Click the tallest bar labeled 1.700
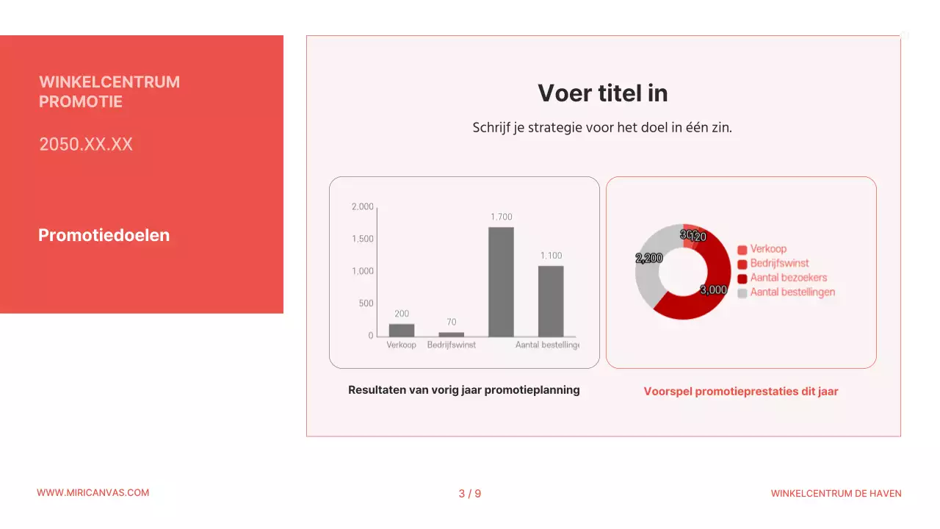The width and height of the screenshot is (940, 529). click(x=501, y=281)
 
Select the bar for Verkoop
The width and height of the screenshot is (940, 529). click(x=402, y=330)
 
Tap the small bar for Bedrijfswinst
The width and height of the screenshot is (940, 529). click(x=451, y=334)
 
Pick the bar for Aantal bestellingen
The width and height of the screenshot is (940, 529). click(x=551, y=301)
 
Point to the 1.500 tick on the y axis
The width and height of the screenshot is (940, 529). click(x=363, y=239)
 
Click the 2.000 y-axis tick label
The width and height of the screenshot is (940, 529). click(x=363, y=206)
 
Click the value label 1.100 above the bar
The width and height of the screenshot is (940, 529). click(x=552, y=256)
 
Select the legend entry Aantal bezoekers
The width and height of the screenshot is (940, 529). click(x=788, y=278)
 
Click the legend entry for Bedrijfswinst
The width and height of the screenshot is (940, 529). click(x=779, y=263)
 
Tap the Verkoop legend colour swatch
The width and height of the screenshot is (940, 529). click(x=742, y=250)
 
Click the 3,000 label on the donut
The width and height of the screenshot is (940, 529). click(x=713, y=290)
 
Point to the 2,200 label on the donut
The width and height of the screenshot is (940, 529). click(x=649, y=259)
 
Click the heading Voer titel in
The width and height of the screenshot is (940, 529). click(x=602, y=93)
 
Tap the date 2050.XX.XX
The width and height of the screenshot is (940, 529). click(x=86, y=144)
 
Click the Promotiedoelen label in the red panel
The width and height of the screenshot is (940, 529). click(x=104, y=235)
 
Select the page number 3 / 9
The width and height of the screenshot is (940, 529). click(x=470, y=494)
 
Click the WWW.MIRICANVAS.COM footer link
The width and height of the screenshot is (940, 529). click(x=93, y=493)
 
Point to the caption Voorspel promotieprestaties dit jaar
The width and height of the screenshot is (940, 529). click(x=741, y=392)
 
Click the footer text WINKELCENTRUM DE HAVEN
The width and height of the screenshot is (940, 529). click(x=836, y=494)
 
